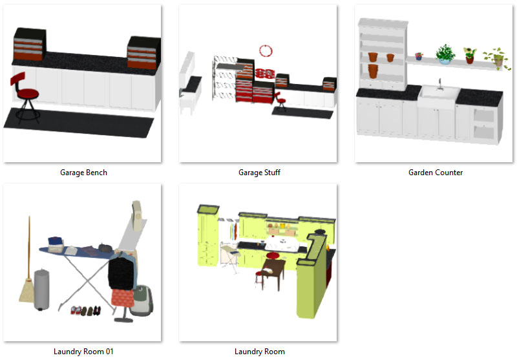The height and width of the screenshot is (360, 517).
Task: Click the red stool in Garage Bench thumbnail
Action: [25, 96]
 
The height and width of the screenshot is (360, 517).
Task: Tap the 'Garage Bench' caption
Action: [83, 173]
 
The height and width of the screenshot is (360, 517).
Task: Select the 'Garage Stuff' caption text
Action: [259, 173]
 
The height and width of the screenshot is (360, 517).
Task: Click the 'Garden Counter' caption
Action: [435, 173]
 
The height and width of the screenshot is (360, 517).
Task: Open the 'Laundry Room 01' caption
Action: [83, 352]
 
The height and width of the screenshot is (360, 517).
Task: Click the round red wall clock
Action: [266, 51]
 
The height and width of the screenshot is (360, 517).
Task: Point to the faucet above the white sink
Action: [439, 84]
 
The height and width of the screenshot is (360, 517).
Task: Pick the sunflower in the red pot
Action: [470, 56]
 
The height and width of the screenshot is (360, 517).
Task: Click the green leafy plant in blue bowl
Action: [445, 54]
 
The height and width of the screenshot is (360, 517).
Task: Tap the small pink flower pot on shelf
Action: [419, 56]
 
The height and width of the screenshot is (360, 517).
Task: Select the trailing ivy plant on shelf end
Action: [497, 58]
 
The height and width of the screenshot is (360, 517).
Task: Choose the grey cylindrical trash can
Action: [42, 289]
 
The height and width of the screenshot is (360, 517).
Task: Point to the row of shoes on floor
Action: [86, 310]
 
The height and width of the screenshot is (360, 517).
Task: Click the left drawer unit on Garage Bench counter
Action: [29, 45]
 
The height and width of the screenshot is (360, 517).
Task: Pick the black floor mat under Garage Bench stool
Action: [79, 122]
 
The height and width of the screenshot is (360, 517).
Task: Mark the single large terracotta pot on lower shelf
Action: [373, 71]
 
